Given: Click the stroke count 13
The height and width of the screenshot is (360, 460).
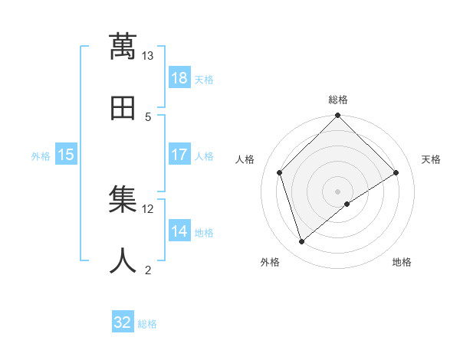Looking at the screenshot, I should pyautogui.click(x=148, y=56).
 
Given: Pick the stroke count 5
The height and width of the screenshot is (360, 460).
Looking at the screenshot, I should pyautogui.click(x=148, y=116).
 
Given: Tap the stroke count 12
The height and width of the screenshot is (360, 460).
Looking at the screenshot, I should pyautogui.click(x=148, y=208).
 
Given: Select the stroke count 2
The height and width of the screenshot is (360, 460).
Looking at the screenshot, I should pyautogui.click(x=148, y=270).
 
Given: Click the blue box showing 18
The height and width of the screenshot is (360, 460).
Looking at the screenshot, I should pyautogui.click(x=179, y=78).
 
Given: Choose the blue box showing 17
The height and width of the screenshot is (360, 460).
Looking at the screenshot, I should pyautogui.click(x=179, y=154).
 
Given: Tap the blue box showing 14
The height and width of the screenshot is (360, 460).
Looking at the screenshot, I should pyautogui.click(x=179, y=231).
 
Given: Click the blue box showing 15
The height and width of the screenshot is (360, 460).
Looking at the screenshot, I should pyautogui.click(x=66, y=155).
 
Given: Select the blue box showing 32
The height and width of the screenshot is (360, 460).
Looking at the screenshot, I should pyautogui.click(x=123, y=322).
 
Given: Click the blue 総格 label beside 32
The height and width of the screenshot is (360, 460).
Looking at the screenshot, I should pyautogui.click(x=147, y=324).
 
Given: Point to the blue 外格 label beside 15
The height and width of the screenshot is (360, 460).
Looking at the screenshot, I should pyautogui.click(x=41, y=156).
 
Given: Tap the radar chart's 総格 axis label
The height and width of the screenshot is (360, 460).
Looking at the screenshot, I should pyautogui.click(x=338, y=100).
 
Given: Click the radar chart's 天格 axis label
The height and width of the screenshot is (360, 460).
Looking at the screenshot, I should pyautogui.click(x=432, y=159).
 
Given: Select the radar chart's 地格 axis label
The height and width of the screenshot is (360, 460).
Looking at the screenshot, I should pyautogui.click(x=402, y=262).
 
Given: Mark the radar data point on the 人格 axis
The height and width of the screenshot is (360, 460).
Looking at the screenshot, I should pyautogui.click(x=280, y=172).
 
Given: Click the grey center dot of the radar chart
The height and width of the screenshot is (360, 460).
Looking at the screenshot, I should pyautogui.click(x=338, y=191).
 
